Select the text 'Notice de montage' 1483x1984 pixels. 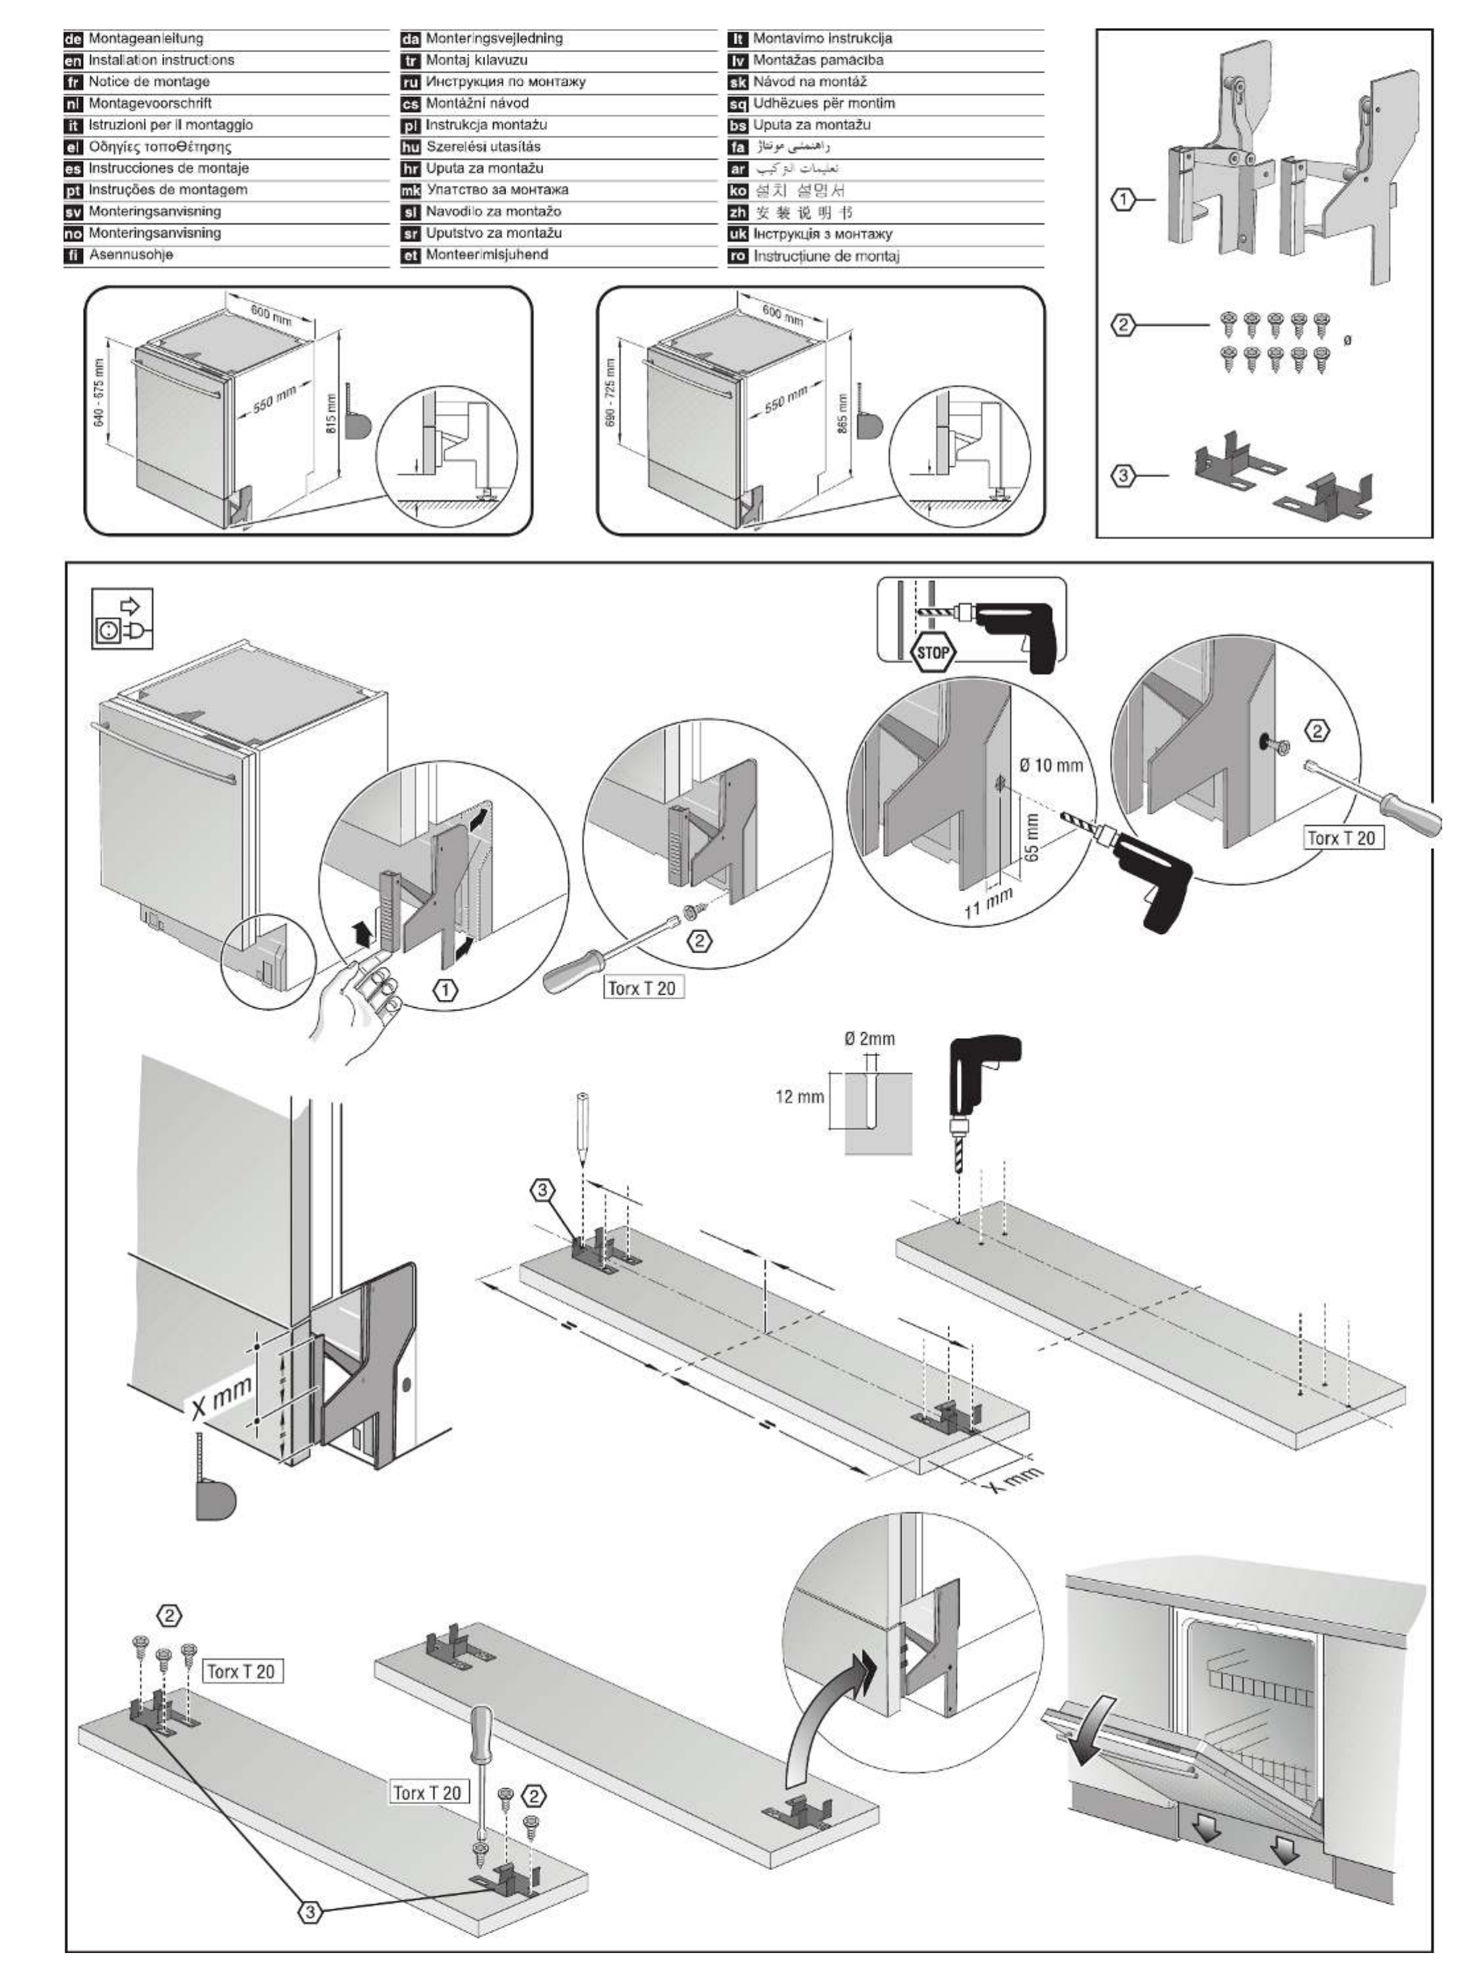(149, 82)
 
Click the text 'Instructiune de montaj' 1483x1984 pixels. (825, 256)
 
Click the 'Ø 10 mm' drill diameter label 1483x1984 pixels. (1051, 765)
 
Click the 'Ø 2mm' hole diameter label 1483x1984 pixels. (869, 1039)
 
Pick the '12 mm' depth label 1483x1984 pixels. (798, 1096)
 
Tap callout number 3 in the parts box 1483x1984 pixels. (1123, 477)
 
